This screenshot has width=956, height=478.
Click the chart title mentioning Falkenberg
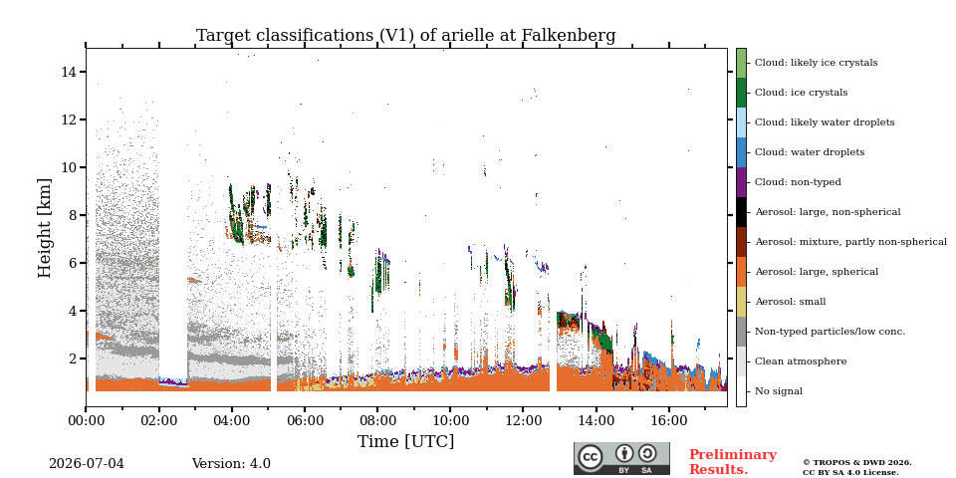coord(405,36)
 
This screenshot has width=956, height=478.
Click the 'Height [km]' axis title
coord(45,228)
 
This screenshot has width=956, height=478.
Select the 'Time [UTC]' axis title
coord(405,441)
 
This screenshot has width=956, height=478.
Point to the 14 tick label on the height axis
coord(69,72)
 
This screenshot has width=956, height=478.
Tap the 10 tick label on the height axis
coord(69,167)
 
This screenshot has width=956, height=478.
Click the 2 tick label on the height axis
coord(73,358)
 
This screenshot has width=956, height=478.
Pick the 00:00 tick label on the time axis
coord(86,420)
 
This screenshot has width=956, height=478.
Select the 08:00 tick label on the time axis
coord(377,420)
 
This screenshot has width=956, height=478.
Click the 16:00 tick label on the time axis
coord(669,420)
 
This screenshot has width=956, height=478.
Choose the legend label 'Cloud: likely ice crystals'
coord(817,63)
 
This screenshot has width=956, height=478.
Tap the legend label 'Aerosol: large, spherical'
coord(817,272)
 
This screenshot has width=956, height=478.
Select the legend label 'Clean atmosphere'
coord(801,361)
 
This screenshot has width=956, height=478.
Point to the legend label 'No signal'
coord(779,391)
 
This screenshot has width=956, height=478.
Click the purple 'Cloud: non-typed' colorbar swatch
coord(741,182)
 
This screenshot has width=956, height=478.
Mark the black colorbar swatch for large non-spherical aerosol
coord(741,212)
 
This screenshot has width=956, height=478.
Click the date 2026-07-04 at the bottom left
coord(87,464)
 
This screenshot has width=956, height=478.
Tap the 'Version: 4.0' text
coord(231,464)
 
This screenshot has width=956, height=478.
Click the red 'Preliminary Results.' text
coord(733,462)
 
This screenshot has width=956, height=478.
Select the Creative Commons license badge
coord(621,458)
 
